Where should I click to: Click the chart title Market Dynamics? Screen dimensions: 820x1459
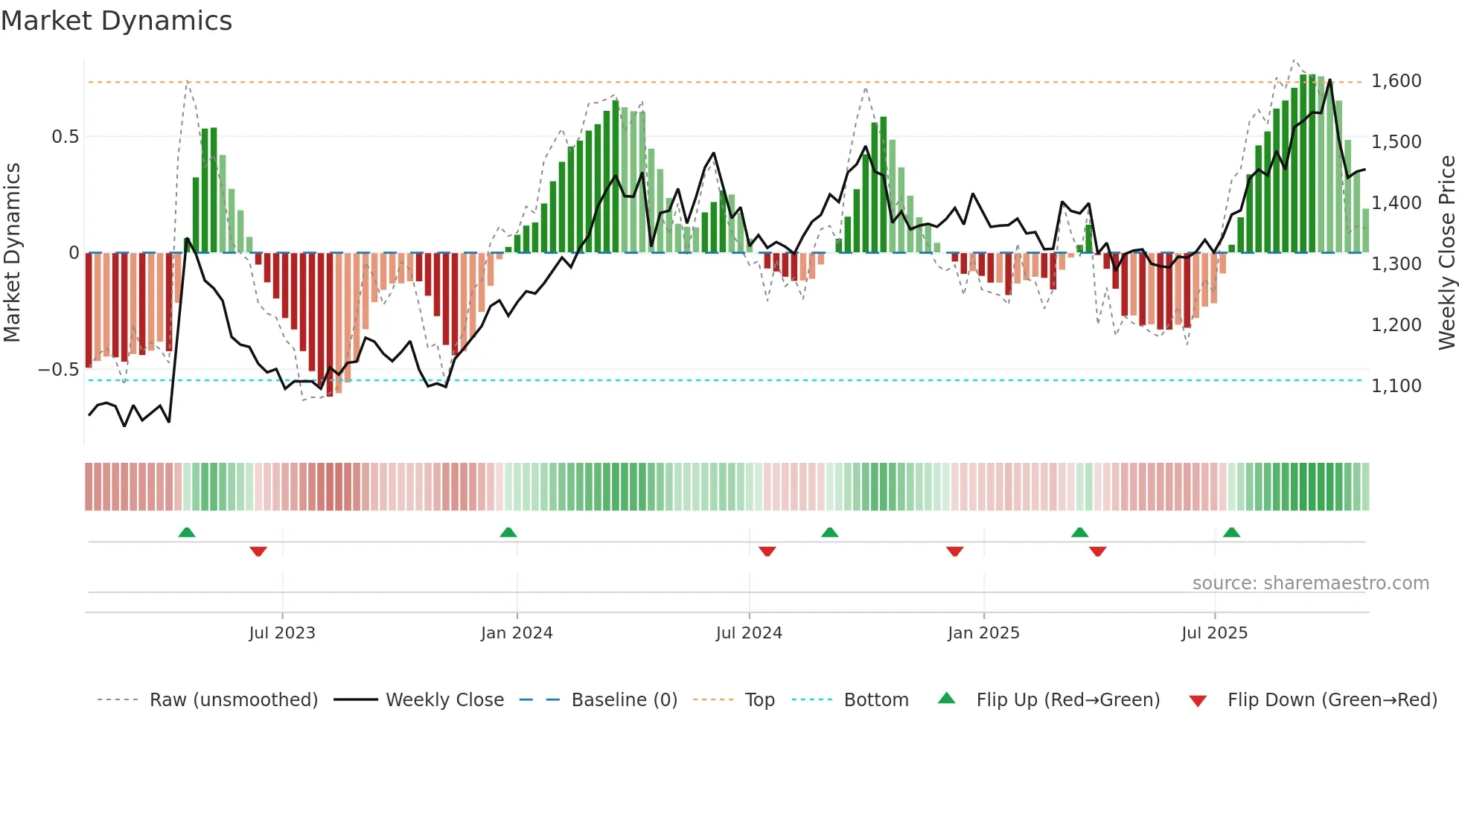tap(117, 21)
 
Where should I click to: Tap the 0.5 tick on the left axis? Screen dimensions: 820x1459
tap(65, 137)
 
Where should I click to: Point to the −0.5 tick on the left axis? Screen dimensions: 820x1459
tap(59, 370)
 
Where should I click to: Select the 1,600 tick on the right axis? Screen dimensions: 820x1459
tap(1396, 81)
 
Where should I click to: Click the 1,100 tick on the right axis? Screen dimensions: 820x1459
tap(1396, 386)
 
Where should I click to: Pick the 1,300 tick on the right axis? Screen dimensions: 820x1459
tap(1396, 264)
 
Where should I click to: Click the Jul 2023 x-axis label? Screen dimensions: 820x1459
tap(282, 633)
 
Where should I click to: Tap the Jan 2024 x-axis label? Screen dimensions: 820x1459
tap(517, 633)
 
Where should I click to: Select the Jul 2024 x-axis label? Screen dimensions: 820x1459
tap(749, 633)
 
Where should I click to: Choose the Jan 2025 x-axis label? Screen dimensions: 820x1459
tap(983, 633)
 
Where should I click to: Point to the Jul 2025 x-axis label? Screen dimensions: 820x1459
tap(1214, 633)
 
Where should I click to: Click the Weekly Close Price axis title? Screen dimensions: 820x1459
tap(1447, 252)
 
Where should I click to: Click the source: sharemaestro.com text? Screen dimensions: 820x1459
tap(1310, 583)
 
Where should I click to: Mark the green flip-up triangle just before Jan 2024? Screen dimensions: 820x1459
tap(508, 533)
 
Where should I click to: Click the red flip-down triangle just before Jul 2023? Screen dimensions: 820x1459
tap(258, 551)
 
